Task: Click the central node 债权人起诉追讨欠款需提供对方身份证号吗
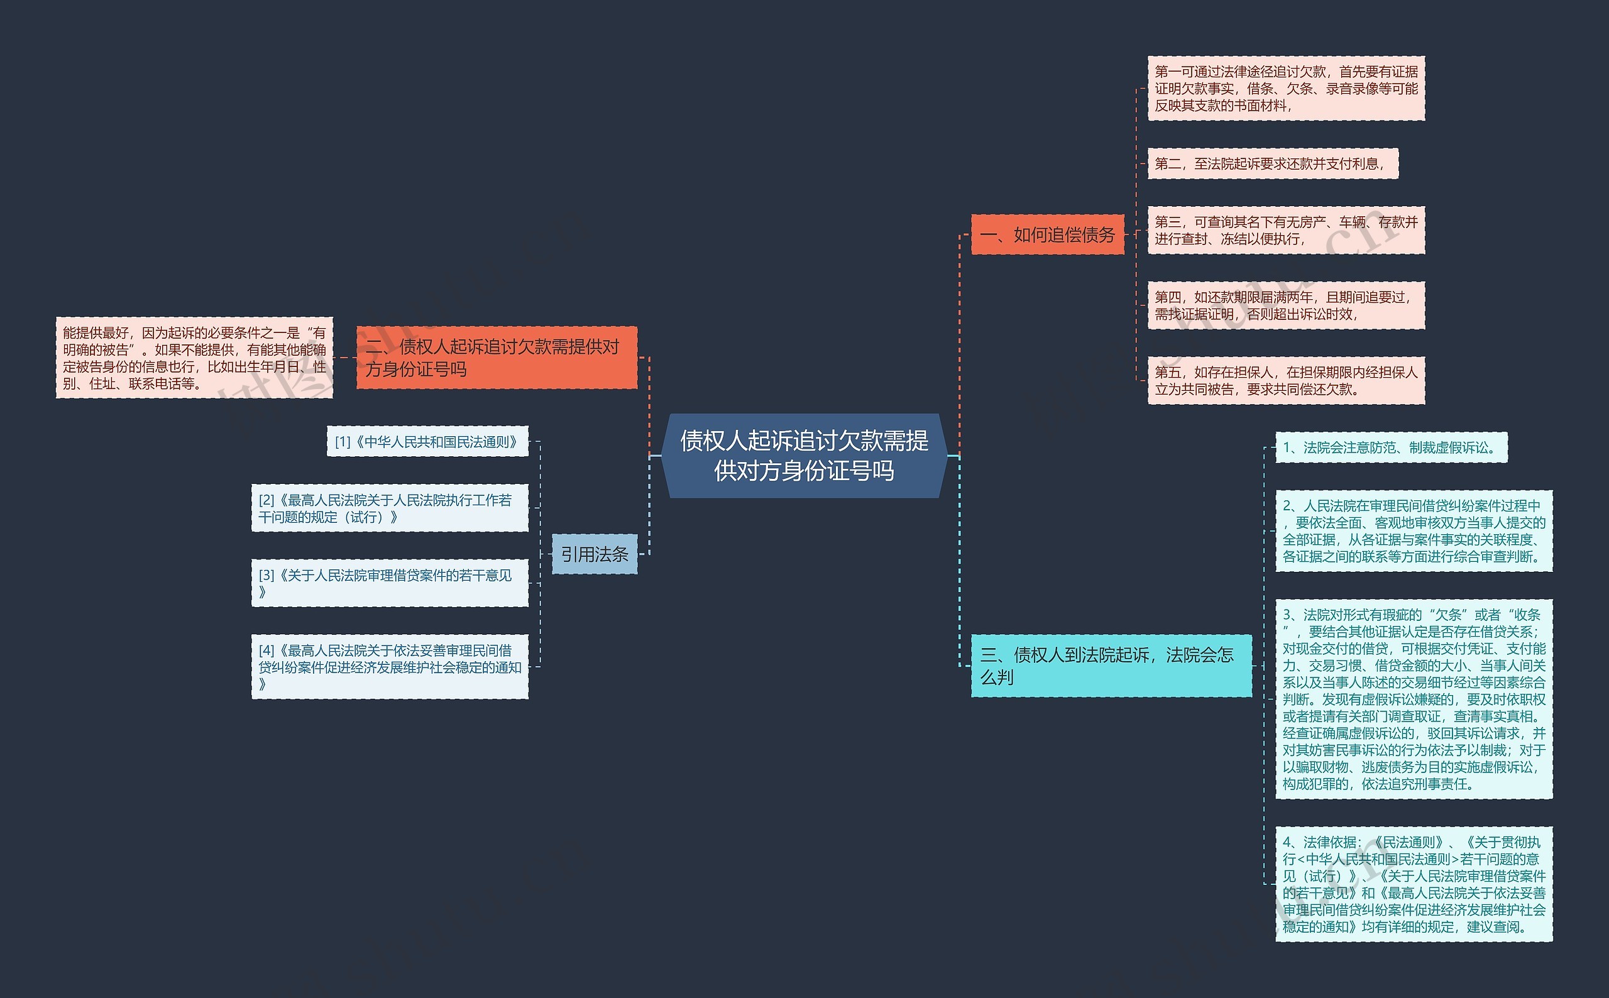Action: coord(804,456)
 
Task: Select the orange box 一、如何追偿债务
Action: coord(1047,234)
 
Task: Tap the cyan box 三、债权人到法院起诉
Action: coord(1111,666)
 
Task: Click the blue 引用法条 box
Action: coord(594,554)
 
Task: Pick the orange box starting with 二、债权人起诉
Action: coord(497,357)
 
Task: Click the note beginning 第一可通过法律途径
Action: coord(1285,89)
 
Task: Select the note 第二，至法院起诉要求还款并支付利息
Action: coord(1272,163)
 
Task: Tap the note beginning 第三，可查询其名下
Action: coord(1285,231)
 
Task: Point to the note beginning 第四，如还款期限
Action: coord(1285,305)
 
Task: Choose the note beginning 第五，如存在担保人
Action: coord(1285,380)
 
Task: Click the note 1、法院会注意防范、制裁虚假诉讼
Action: coord(1390,447)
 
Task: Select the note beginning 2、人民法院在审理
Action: coord(1413,530)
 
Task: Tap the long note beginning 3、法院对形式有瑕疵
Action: coord(1413,699)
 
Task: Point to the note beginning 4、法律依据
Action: coord(1413,884)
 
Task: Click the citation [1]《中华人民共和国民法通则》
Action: coord(427,442)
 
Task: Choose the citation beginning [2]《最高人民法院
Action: coord(390,508)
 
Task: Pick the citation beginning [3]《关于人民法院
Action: coord(390,583)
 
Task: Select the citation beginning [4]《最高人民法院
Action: coord(390,667)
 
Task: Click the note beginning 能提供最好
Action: coord(194,358)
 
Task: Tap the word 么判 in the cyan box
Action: coord(997,677)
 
